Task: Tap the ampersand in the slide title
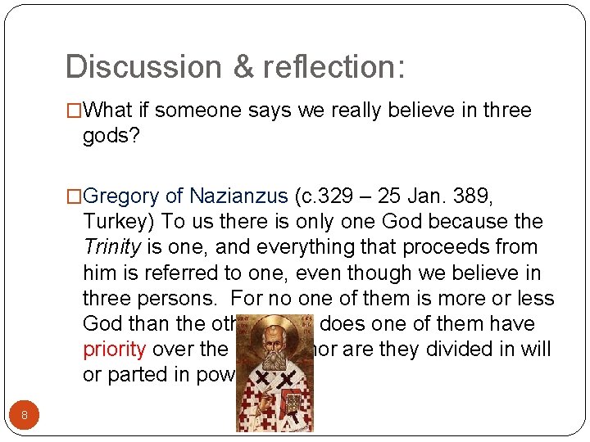[243, 66]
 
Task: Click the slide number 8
[25, 415]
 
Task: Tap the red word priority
[114, 349]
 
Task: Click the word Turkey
[119, 222]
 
